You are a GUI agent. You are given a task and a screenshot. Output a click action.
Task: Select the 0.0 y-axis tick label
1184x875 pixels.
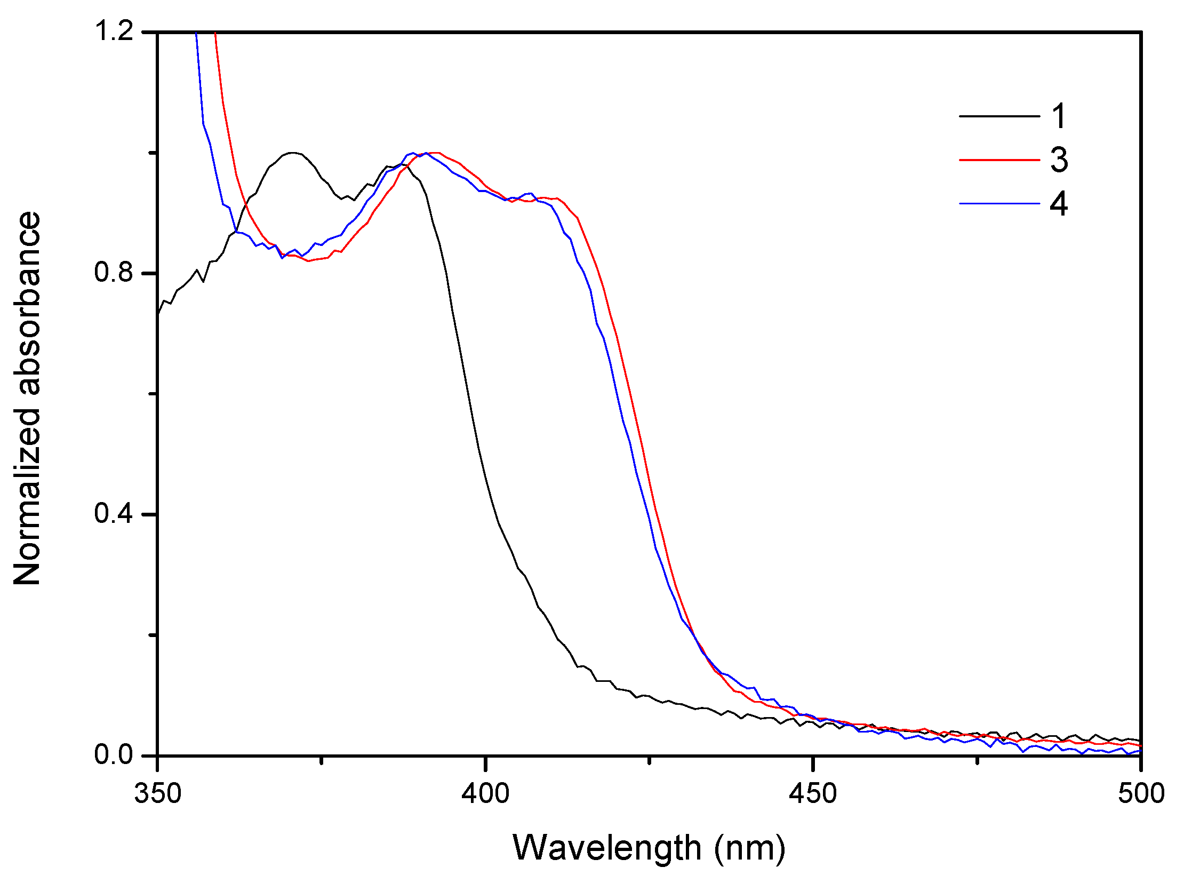point(113,754)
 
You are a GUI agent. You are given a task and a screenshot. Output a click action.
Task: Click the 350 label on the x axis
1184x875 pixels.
point(158,793)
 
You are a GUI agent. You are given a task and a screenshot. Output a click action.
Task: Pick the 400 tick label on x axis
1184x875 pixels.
point(485,793)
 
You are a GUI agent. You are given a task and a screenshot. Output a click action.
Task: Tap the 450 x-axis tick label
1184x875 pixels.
point(813,793)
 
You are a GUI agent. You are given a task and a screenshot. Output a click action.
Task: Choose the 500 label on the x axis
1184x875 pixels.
point(1141,793)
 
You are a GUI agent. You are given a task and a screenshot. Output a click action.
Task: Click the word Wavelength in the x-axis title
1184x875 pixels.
point(607,848)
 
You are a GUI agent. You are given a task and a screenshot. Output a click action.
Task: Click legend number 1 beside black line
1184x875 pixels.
point(1059,116)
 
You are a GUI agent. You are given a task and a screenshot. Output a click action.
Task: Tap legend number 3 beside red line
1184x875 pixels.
point(1059,160)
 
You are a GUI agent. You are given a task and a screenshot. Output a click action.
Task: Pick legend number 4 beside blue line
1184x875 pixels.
point(1059,204)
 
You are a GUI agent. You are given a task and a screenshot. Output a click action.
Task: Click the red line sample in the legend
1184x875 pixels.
point(999,160)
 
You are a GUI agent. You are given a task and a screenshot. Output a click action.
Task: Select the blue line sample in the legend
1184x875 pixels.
point(999,203)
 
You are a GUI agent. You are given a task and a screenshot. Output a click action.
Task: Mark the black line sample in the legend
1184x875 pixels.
point(999,116)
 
